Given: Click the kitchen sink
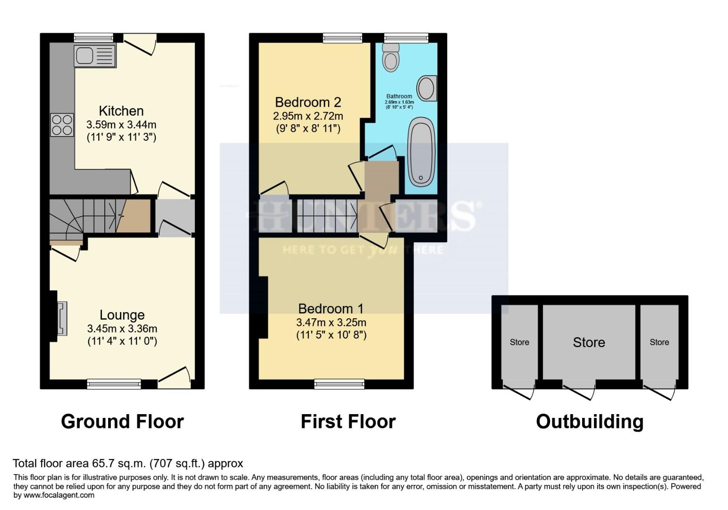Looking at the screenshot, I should pyautogui.click(x=94, y=56).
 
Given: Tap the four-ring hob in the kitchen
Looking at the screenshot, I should pyautogui.click(x=62, y=125).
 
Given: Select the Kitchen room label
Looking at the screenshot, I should pyautogui.click(x=121, y=111).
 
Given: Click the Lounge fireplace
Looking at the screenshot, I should pyautogui.click(x=61, y=319).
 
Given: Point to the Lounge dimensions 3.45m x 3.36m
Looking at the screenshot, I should pyautogui.click(x=122, y=329).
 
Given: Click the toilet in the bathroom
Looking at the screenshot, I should pyautogui.click(x=391, y=57).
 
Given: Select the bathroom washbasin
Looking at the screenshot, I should pyautogui.click(x=426, y=88).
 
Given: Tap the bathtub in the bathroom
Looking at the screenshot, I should pyautogui.click(x=421, y=152).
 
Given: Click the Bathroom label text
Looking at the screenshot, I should pyautogui.click(x=399, y=96).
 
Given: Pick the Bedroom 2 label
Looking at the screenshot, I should pyautogui.click(x=308, y=102).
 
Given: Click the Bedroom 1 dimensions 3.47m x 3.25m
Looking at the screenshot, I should pyautogui.click(x=331, y=323).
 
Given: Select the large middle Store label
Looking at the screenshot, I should pyautogui.click(x=589, y=342).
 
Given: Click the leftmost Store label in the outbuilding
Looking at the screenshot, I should pyautogui.click(x=519, y=342).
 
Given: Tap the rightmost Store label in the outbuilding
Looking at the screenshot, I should pyautogui.click(x=659, y=342).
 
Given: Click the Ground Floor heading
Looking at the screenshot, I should pyautogui.click(x=122, y=421).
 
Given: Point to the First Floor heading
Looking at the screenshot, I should pyautogui.click(x=348, y=421).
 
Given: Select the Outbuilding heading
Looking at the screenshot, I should pyautogui.click(x=590, y=421).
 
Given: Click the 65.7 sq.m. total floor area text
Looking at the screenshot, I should pyautogui.click(x=127, y=463).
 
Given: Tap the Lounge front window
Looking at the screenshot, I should pyautogui.click(x=114, y=384).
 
